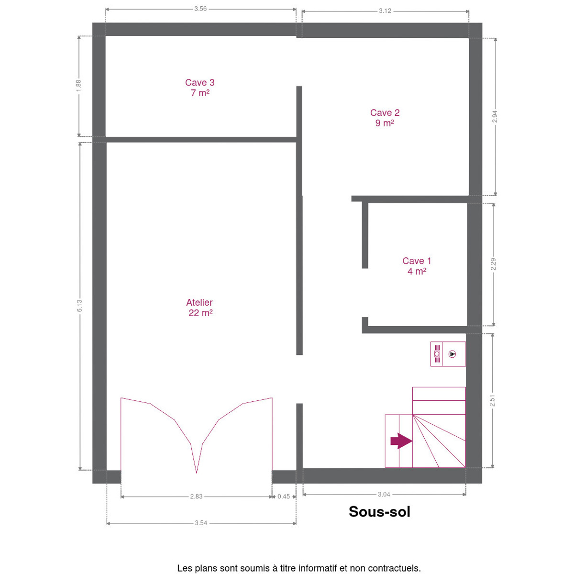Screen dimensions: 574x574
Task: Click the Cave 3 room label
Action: pos(199,82)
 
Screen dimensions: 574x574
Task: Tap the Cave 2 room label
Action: pos(385,112)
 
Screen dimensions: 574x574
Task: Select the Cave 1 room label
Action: pos(417,261)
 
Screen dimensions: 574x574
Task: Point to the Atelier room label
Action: pos(199,303)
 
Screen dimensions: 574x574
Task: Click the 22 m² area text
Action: pos(200,313)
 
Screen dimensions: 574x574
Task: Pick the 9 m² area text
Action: pos(385,123)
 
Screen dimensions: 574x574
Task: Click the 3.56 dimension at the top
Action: pos(200,9)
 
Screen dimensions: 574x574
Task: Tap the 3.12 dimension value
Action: pos(385,11)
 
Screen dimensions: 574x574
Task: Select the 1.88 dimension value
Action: pos(78,86)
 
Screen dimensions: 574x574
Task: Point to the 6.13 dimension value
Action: pos(79,306)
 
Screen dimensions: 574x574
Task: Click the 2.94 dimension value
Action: pos(495,116)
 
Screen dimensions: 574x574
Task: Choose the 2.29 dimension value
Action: pos(493,264)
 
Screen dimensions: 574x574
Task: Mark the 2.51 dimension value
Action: pos(492,401)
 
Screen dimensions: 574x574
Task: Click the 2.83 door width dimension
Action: pos(196,497)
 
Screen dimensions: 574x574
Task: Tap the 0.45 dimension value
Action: pos(284,497)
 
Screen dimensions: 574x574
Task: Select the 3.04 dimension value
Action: pos(384,495)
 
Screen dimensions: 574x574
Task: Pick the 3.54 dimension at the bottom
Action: pos(201,523)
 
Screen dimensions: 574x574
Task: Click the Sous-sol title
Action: pos(379,512)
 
